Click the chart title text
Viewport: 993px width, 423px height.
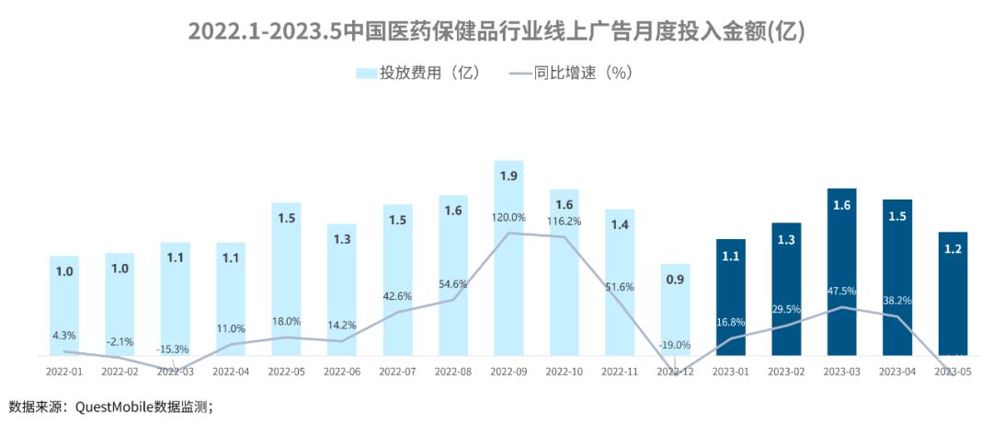pos(496,31)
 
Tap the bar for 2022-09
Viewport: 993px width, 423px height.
pos(508,257)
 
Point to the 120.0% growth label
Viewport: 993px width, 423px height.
pos(508,218)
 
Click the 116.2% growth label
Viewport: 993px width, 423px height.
pos(564,222)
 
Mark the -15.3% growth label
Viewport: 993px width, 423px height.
pos(175,349)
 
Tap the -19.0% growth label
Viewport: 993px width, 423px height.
pos(675,345)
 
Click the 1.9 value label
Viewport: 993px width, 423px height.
pos(508,176)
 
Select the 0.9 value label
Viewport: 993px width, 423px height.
pos(675,280)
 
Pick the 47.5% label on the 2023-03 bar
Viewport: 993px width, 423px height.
pos(841,291)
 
